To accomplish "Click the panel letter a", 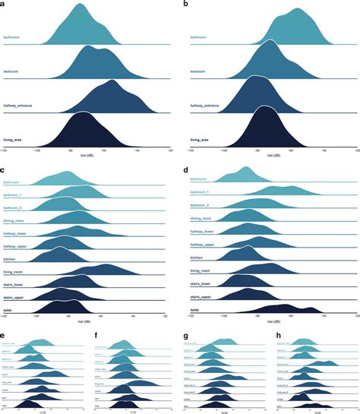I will [x=4, y=5].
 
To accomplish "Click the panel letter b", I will [x=186, y=5].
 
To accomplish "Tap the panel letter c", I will [x=4, y=172].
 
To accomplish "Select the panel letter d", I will [x=185, y=172].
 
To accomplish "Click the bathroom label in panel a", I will [x=12, y=36].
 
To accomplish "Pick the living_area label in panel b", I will [x=200, y=141].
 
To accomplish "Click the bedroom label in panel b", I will [x=198, y=71].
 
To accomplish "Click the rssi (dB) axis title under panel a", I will [x=87, y=155].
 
